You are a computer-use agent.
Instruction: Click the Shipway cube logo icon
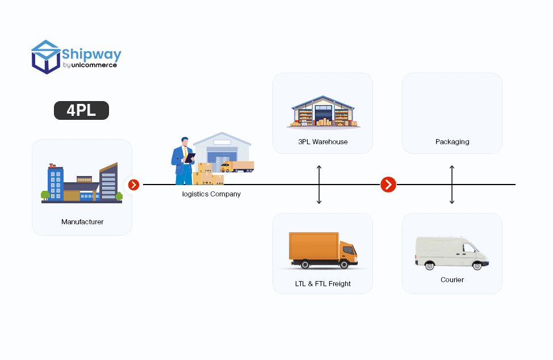click(46, 57)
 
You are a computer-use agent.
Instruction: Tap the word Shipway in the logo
click(91, 55)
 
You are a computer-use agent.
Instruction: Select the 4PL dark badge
click(81, 110)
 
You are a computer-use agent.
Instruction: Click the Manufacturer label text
click(82, 222)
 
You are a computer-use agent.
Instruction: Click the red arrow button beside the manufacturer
click(133, 185)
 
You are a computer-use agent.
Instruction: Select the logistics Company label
click(211, 194)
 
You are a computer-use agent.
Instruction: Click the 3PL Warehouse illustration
click(322, 112)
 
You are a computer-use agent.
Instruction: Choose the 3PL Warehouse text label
click(322, 142)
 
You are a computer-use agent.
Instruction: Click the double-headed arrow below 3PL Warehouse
click(319, 185)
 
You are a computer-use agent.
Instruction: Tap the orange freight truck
click(322, 250)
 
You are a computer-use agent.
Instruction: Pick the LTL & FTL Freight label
click(322, 283)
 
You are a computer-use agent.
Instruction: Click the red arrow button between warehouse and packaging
click(388, 185)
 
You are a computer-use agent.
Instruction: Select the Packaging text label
click(452, 142)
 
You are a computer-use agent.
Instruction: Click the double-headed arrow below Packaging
click(452, 185)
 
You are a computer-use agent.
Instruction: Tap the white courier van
click(451, 253)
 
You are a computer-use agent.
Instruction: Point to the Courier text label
click(452, 280)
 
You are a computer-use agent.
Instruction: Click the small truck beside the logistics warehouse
click(237, 166)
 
